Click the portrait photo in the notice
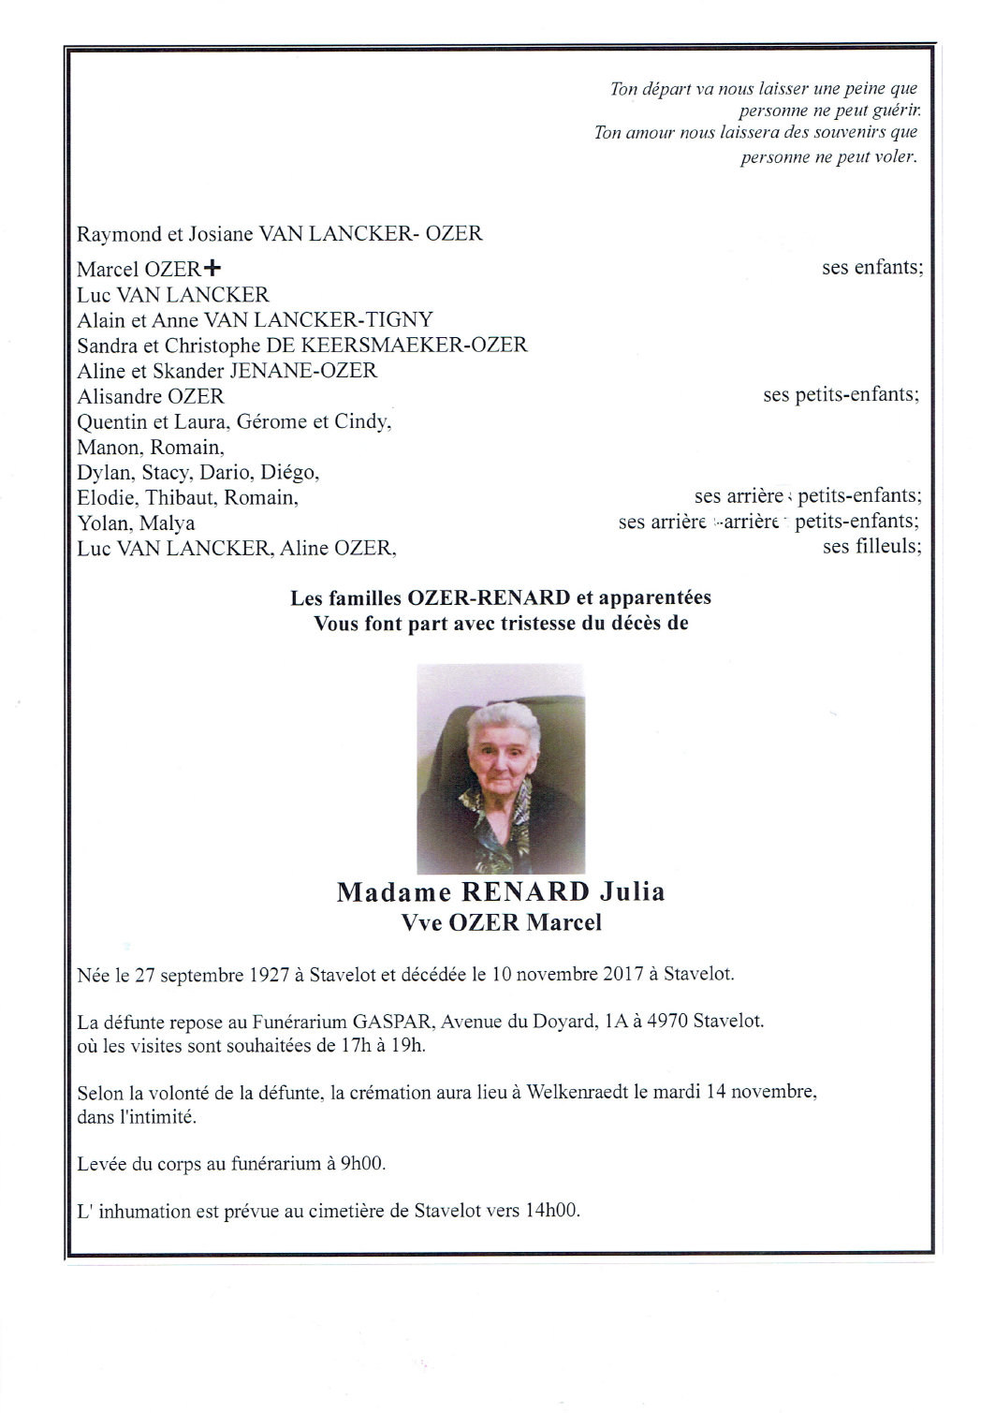click(x=501, y=768)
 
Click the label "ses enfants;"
click(x=872, y=267)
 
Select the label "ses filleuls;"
click(x=871, y=546)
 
